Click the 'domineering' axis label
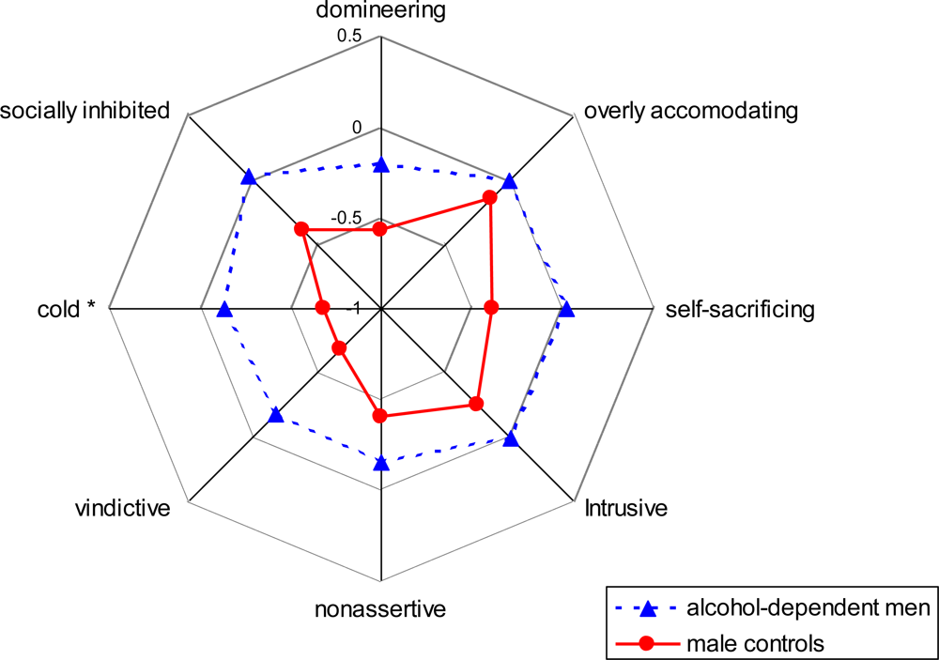[x=380, y=12]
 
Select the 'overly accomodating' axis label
[x=690, y=111]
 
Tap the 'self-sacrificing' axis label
[x=739, y=309]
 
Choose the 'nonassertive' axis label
[x=380, y=608]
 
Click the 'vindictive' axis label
[x=122, y=509]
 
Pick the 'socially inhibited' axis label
[x=85, y=111]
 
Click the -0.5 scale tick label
[x=346, y=218]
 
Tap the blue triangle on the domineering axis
[x=380, y=165]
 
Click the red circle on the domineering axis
[x=380, y=228]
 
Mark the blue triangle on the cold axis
[x=223, y=310]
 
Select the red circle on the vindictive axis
[x=340, y=349]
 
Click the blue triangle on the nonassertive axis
[x=380, y=462]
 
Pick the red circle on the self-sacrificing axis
[x=490, y=307]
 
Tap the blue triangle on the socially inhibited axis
[x=248, y=177]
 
